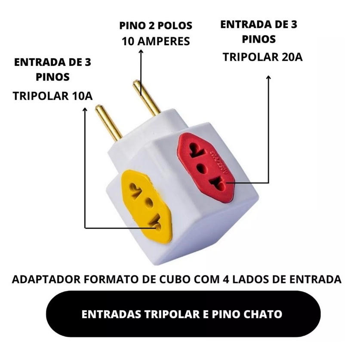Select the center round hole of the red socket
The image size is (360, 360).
coord(202,166)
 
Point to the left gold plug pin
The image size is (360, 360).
coord(108,123)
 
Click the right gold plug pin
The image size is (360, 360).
coord(145,97)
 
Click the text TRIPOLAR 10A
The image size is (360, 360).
coord(53,95)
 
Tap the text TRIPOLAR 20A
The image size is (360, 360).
coord(262,57)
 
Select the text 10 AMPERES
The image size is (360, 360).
coord(156,42)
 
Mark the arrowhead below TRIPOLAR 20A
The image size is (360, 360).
coord(269,78)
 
